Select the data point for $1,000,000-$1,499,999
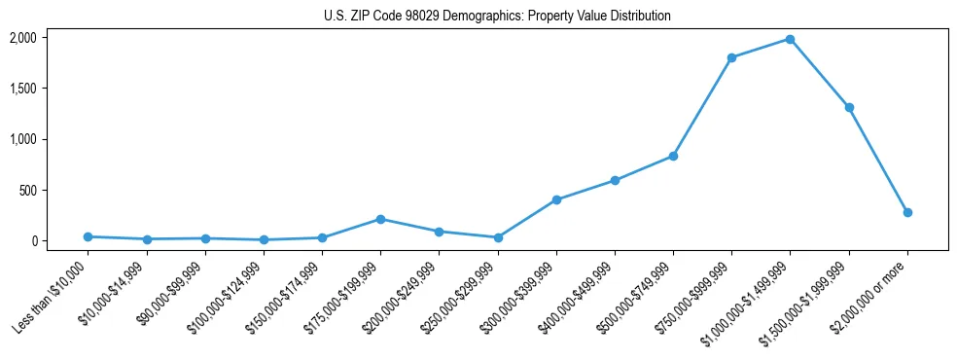pyautogui.click(x=790, y=39)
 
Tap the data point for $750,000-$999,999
pyautogui.click(x=731, y=57)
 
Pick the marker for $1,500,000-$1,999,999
pyautogui.click(x=849, y=107)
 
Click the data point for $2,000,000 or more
pyautogui.click(x=907, y=212)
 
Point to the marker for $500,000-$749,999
pyautogui.click(x=673, y=156)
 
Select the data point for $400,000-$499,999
pyautogui.click(x=615, y=180)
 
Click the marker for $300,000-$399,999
pyautogui.click(x=556, y=199)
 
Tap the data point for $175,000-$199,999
pyautogui.click(x=380, y=219)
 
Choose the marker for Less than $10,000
pyautogui.click(x=88, y=236)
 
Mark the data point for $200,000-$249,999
pyautogui.click(x=439, y=232)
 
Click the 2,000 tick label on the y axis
pyautogui.click(x=22, y=38)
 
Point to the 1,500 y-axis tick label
pyautogui.click(x=22, y=89)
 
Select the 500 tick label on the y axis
pyautogui.click(x=27, y=190)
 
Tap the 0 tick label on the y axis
pyautogui.click(x=34, y=240)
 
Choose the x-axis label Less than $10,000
pyautogui.click(x=52, y=296)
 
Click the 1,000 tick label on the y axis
pyautogui.click(x=22, y=139)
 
